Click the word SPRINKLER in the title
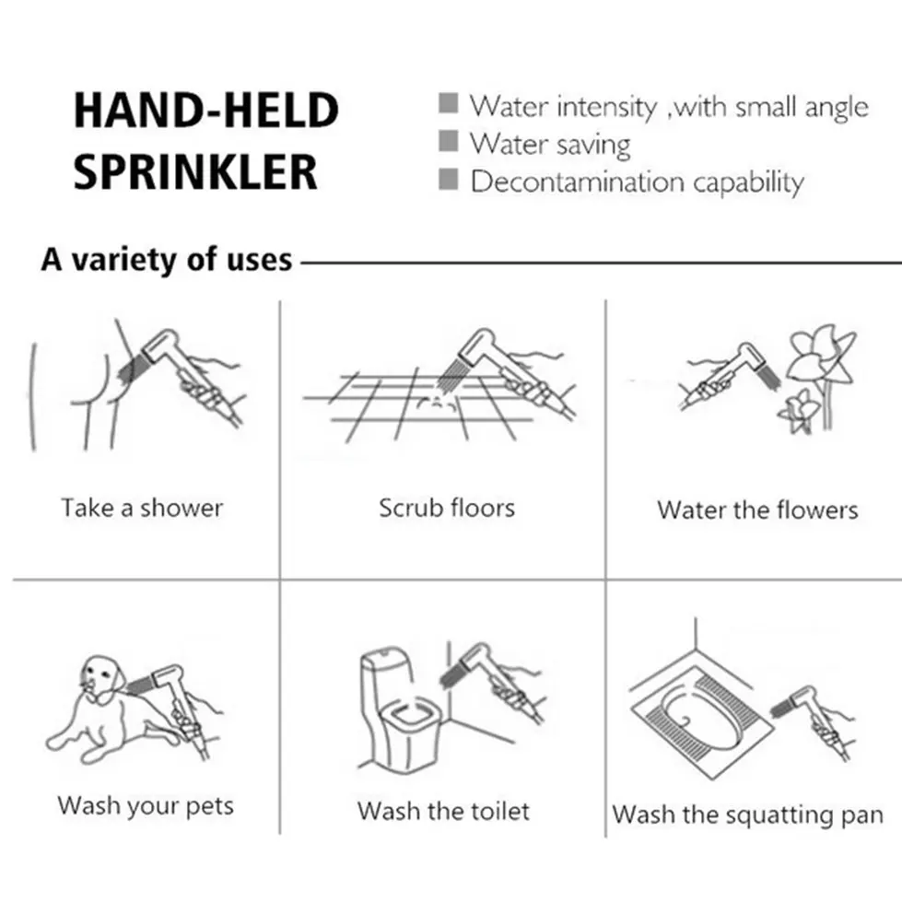pos(195,172)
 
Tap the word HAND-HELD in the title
pos(206,110)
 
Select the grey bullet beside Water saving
pos(448,141)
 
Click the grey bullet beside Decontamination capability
pos(448,179)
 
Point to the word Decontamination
pos(577,182)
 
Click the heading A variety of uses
pos(167,260)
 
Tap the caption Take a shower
pos(142,508)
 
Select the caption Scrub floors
pos(447,508)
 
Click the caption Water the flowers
pos(757,510)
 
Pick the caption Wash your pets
pos(146,806)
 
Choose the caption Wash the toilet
pos(443,811)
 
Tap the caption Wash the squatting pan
pos(747,815)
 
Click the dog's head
pos(102,677)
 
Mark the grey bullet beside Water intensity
pos(448,103)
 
